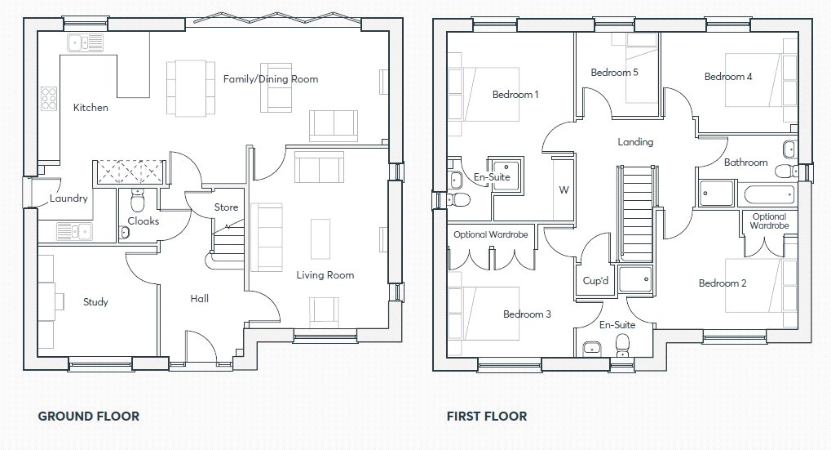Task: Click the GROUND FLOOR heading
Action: (88, 417)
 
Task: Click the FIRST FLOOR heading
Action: (486, 417)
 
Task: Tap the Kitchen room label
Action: (91, 108)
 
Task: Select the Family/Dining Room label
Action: (271, 79)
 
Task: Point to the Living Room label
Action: (325, 275)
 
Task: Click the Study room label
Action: (95, 302)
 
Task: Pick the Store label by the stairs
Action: (226, 207)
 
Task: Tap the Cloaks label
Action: (144, 221)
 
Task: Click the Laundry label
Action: (69, 198)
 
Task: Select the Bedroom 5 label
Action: (614, 73)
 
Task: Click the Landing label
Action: (635, 142)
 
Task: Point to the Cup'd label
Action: (596, 280)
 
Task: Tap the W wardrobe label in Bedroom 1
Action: (563, 190)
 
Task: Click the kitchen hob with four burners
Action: (49, 98)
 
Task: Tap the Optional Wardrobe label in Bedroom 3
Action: (491, 235)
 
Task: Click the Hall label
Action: (200, 299)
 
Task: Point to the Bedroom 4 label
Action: (728, 77)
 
